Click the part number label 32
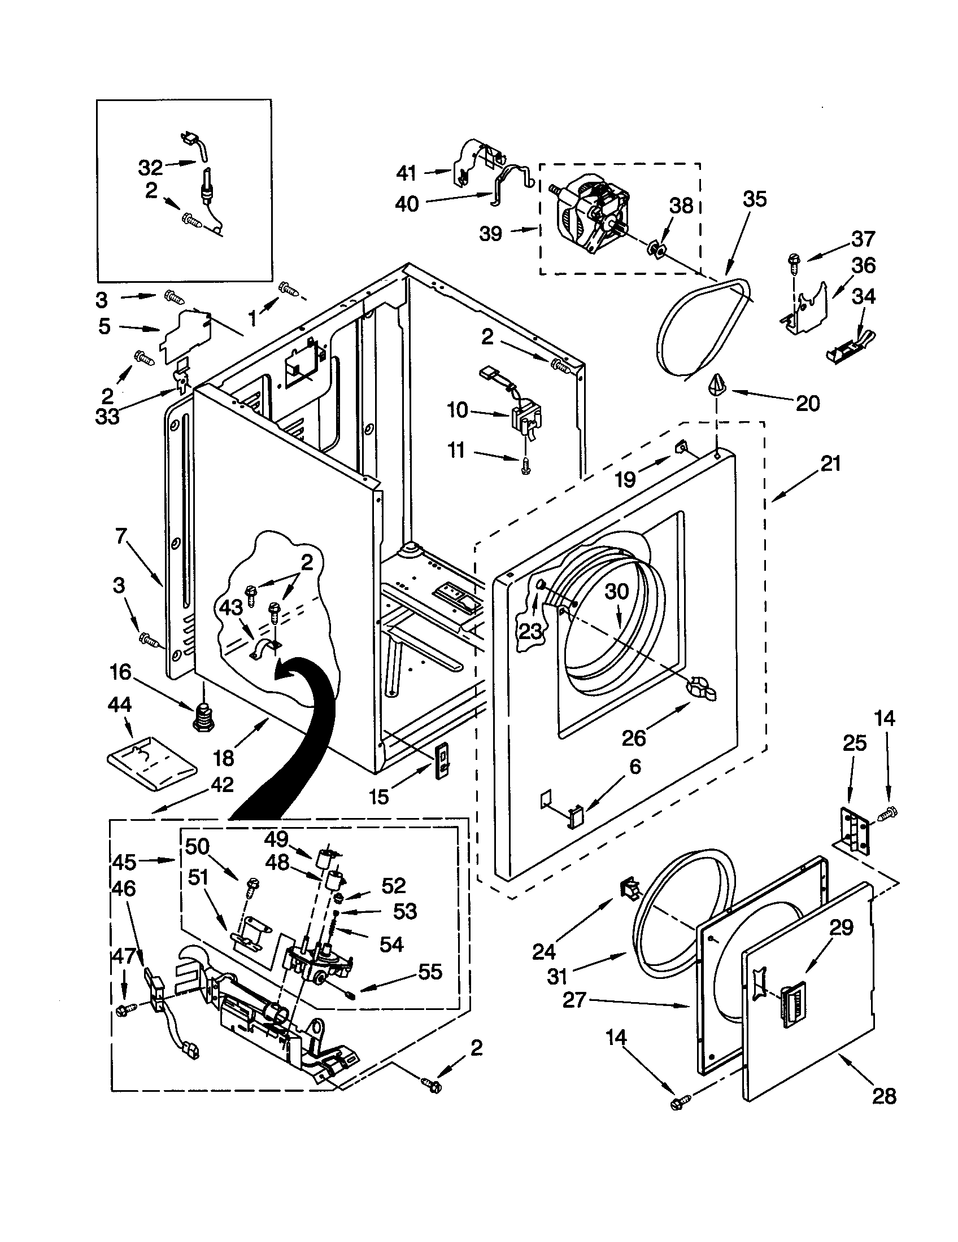150,168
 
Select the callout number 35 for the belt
755,199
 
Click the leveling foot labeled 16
203,719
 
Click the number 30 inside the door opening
616,592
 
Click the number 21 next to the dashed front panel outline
830,464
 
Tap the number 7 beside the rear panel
121,536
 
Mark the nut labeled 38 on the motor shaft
656,248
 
